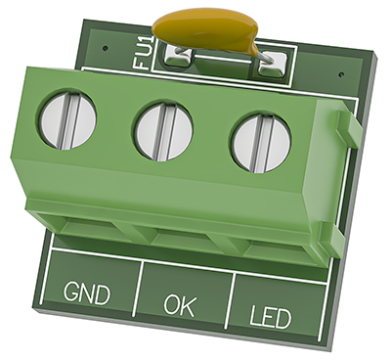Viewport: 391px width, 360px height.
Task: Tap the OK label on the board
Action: (x=179, y=305)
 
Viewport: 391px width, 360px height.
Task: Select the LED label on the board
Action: (x=270, y=316)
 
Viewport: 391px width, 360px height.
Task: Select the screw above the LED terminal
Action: (x=260, y=145)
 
